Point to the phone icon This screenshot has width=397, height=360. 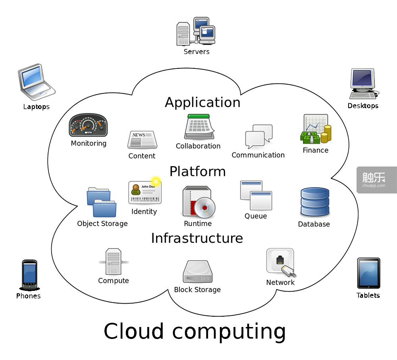[x=29, y=275]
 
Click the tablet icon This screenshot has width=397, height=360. [x=368, y=273]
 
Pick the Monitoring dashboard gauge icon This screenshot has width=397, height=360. [x=88, y=126]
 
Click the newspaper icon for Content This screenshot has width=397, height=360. [x=142, y=140]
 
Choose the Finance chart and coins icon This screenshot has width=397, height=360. [x=316, y=130]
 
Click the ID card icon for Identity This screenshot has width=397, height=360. [x=144, y=193]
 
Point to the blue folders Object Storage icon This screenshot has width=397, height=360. [x=102, y=202]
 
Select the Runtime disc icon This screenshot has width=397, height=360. [x=198, y=203]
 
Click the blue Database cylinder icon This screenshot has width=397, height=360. [x=314, y=202]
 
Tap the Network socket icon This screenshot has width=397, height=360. [x=281, y=263]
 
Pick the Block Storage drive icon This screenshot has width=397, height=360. [x=197, y=272]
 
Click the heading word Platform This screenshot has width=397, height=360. [x=197, y=171]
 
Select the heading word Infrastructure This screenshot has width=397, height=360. [x=197, y=238]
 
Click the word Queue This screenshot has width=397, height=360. [x=256, y=216]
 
